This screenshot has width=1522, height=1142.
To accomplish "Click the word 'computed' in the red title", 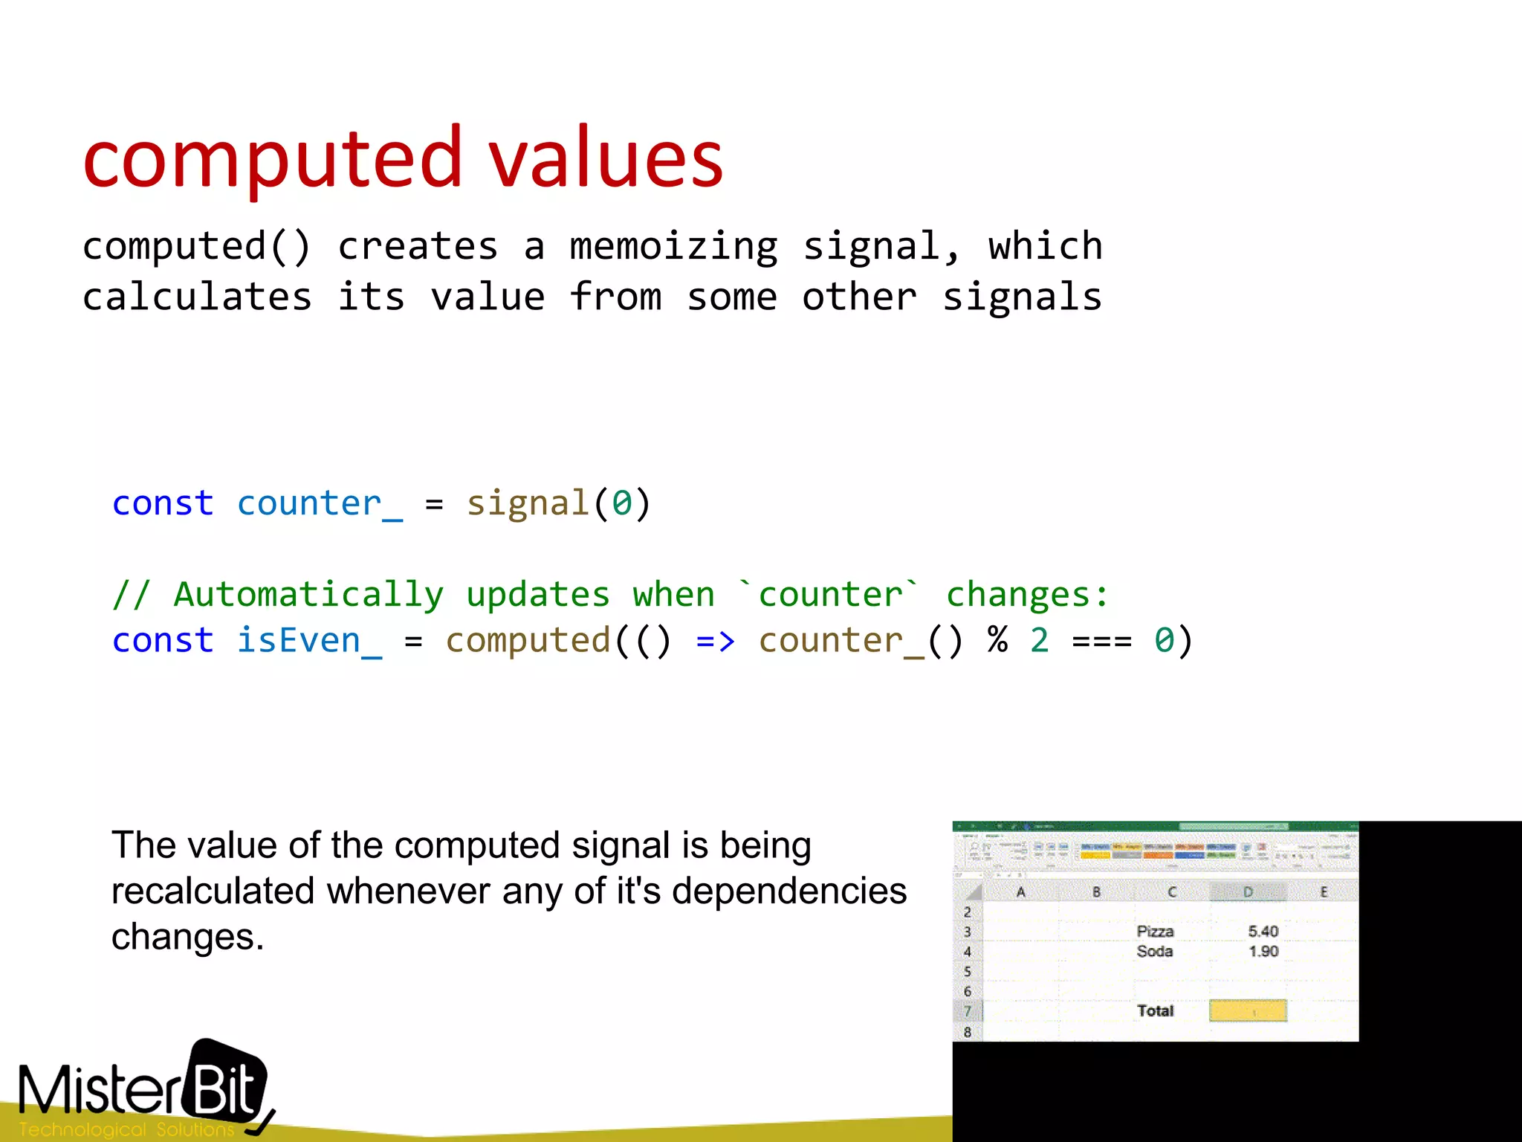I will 273,158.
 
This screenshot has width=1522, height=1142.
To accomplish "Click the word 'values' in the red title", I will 606,158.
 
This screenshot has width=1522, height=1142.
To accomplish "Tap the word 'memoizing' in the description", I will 673,246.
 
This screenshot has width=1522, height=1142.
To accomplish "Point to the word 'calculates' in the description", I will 197,297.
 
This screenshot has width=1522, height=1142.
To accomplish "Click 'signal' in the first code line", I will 528,503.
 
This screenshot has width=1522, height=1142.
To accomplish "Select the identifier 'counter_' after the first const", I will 320,503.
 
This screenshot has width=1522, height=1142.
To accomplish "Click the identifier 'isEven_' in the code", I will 309,640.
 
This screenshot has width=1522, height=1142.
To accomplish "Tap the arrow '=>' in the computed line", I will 715,640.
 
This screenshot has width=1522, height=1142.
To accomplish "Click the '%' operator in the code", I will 997,640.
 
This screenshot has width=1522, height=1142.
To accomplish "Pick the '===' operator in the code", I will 1101,640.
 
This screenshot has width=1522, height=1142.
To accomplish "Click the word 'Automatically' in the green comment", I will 308,595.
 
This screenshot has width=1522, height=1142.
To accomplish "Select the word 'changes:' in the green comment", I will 1027,595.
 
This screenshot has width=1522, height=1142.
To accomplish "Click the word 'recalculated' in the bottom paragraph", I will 213,891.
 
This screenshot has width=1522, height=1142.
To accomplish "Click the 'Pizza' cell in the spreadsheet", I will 1155,932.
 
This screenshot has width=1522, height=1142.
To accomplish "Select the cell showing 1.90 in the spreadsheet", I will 1263,952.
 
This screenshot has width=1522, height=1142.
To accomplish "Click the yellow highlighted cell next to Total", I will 1248,1011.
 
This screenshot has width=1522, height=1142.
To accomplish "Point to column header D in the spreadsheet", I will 1248,891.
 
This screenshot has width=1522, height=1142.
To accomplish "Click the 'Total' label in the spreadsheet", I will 1155,1011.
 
